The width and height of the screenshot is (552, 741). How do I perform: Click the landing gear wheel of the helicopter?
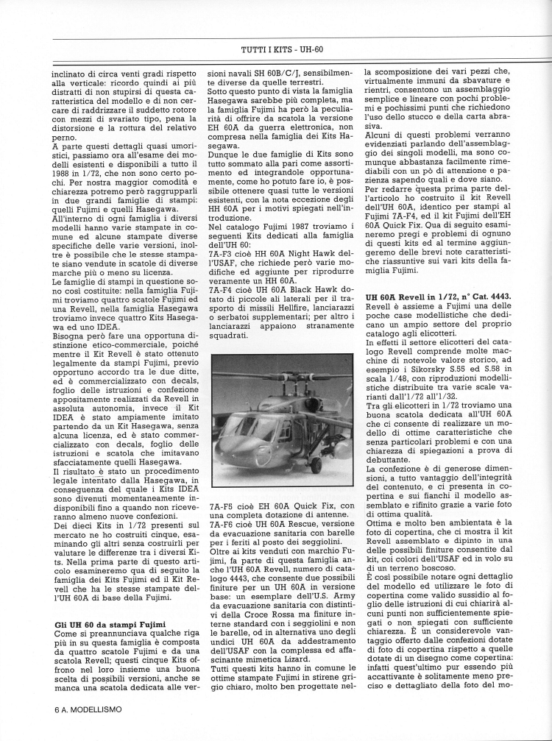[x=316, y=465]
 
